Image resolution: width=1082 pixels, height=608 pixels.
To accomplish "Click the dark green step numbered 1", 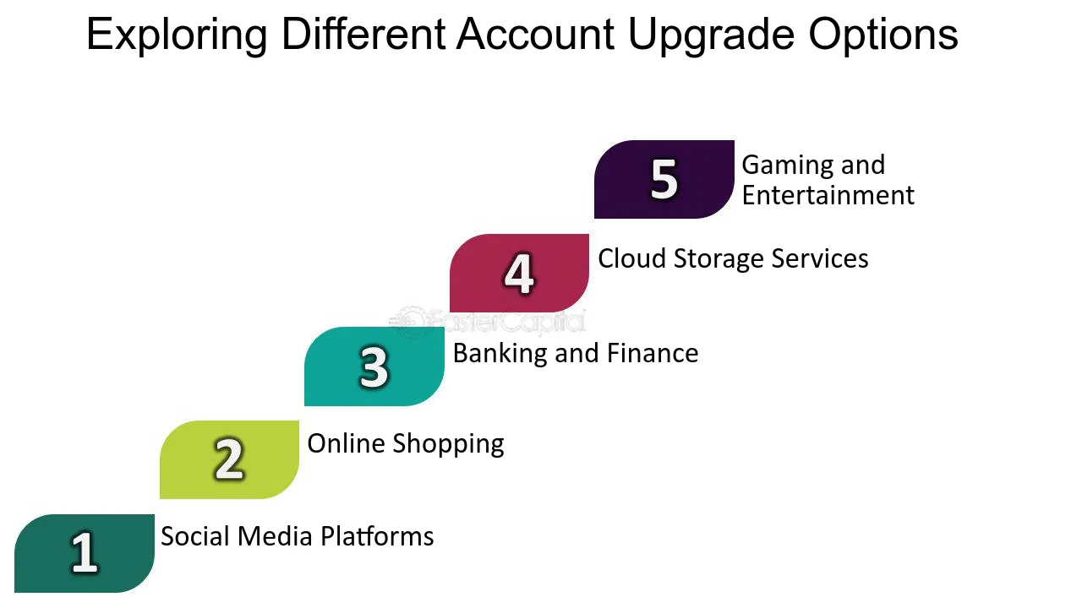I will pos(85,553).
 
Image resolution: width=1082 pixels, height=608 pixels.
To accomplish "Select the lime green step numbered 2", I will pos(229,459).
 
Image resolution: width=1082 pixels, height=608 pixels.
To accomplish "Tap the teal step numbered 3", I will pos(374,366).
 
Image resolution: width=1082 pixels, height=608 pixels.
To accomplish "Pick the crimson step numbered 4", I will pos(519,273).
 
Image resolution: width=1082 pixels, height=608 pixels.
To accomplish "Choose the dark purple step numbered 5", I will pos(664,179).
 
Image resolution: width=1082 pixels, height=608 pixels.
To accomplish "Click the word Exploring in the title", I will pos(177,35).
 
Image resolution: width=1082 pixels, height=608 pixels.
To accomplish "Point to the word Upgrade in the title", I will pos(712,35).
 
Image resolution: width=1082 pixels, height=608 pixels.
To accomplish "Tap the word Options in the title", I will pos(883,35).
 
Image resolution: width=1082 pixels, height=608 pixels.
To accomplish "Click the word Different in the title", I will pos(363,35).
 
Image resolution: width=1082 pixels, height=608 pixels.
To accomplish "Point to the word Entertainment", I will pos(828,195).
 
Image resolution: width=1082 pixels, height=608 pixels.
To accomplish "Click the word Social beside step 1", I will pos(195,536).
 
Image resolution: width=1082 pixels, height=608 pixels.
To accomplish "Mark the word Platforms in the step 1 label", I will pos(380,536).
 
